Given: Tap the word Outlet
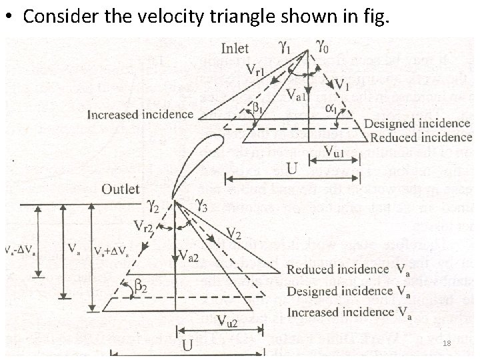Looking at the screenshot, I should click(121, 189).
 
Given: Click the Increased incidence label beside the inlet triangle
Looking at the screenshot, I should click(140, 114).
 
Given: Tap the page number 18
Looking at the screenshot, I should click(447, 343).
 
